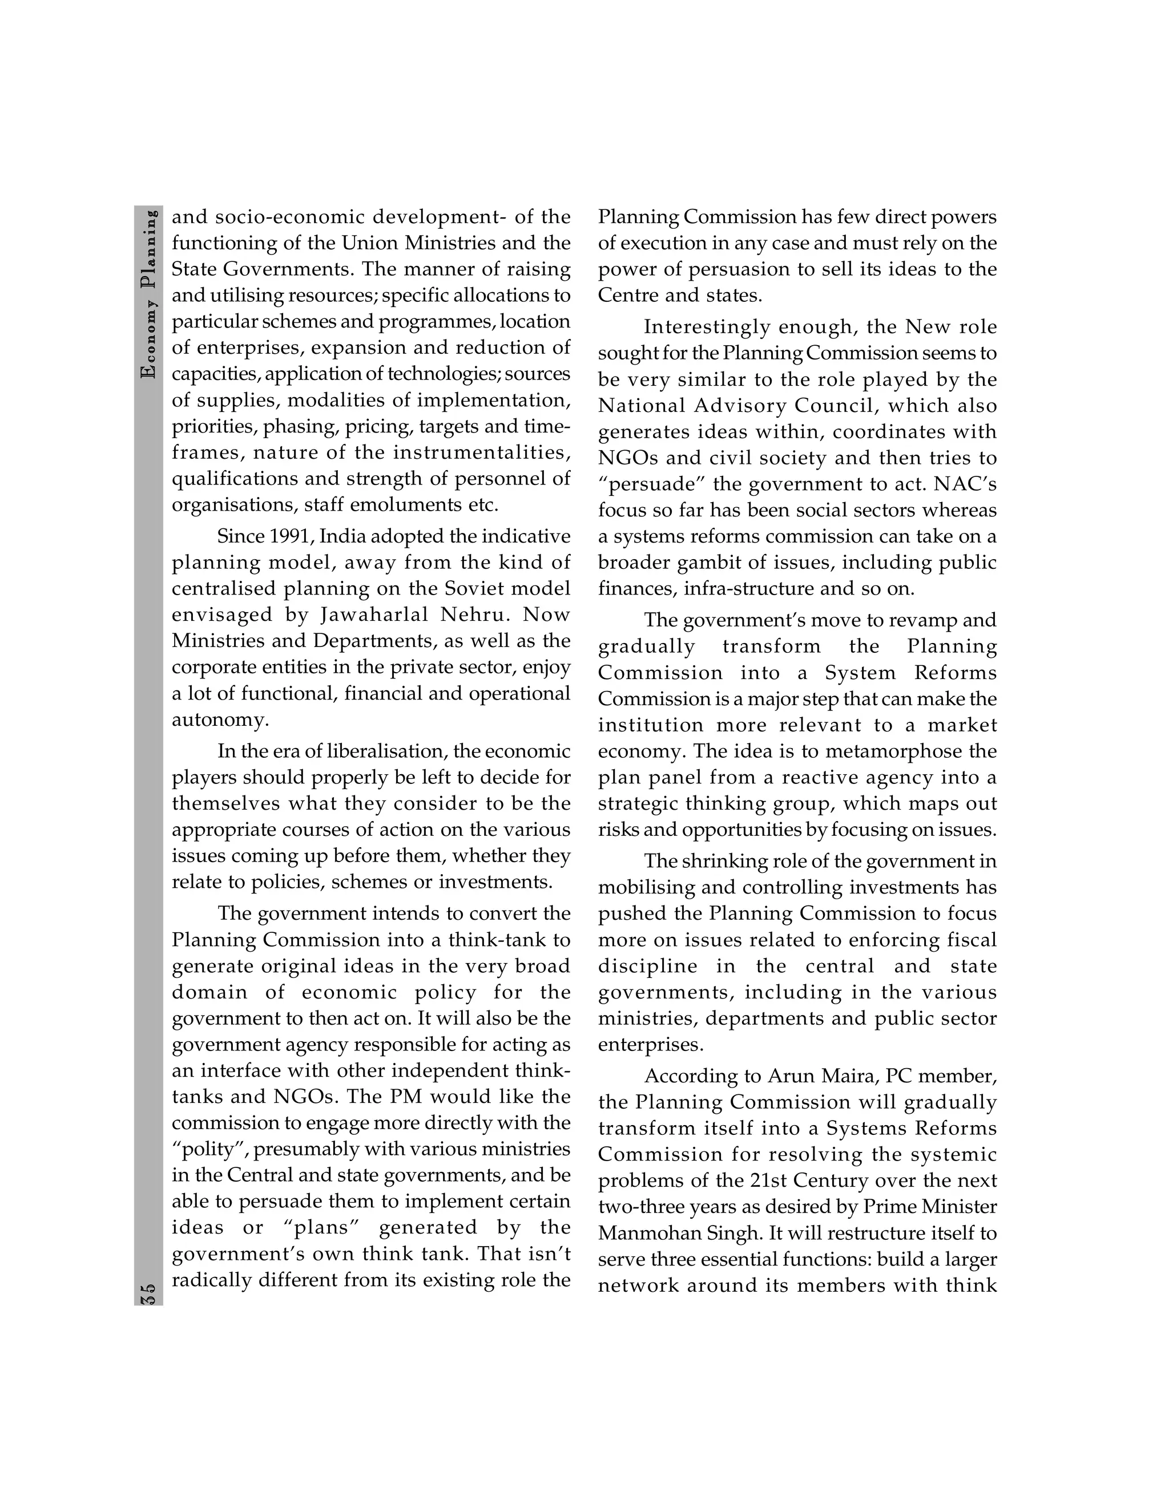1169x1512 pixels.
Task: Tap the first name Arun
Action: [790, 1077]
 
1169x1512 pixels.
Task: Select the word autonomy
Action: [218, 720]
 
